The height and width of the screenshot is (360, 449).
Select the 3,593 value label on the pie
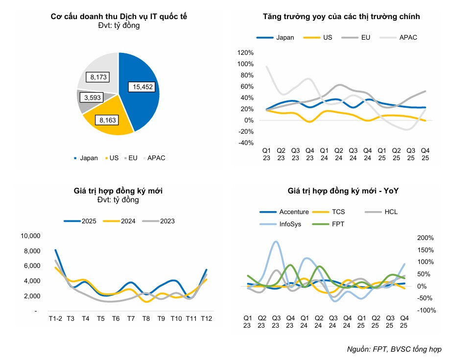point(93,98)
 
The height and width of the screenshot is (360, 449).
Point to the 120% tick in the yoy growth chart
point(244,52)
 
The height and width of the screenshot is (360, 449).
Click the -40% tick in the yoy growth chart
point(244,143)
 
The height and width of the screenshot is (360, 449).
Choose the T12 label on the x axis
point(206,319)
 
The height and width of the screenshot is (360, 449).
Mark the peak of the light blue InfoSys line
point(276,241)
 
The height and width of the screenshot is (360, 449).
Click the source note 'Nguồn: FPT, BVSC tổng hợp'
point(394,350)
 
